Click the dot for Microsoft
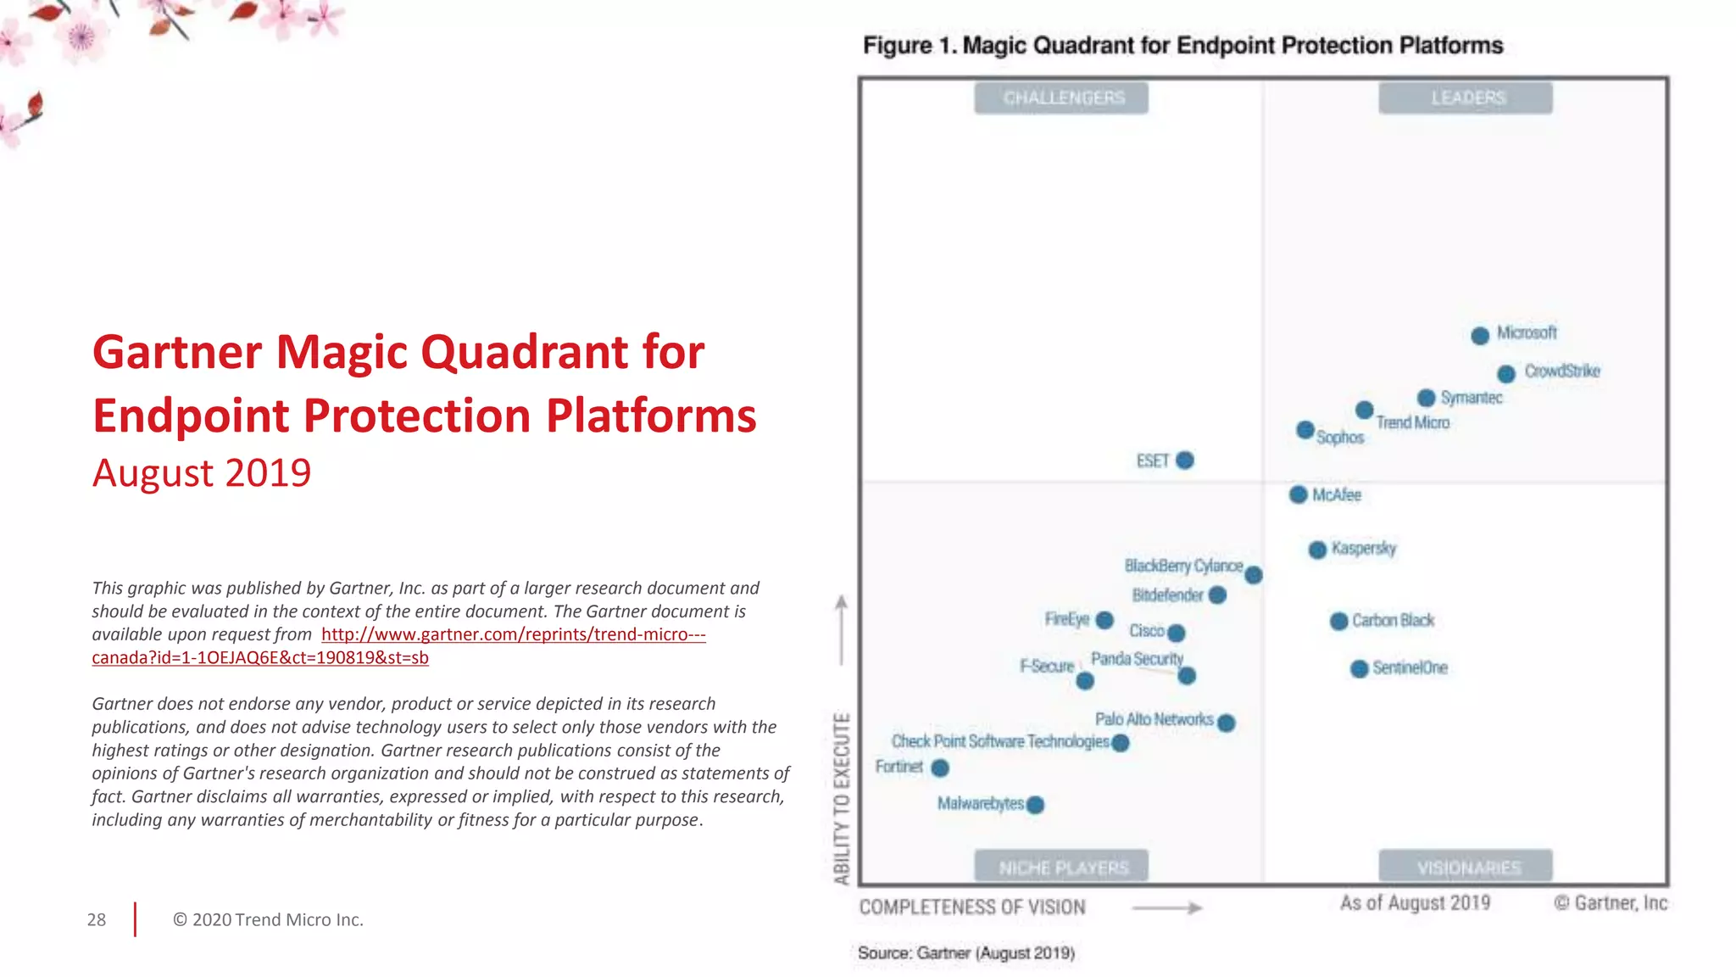[x=1480, y=336]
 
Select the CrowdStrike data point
[x=1506, y=374]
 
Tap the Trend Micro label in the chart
[x=1412, y=422]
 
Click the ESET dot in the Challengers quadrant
[x=1185, y=461]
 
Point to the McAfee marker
[x=1299, y=494]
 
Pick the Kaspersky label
[x=1363, y=548]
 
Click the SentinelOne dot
[x=1360, y=669]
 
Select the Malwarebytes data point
[x=1035, y=805]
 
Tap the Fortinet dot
[x=940, y=768]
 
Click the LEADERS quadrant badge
[x=1466, y=98]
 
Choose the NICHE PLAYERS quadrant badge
[x=1061, y=867]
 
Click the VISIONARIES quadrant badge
[x=1466, y=867]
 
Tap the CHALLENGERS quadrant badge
[x=1061, y=98]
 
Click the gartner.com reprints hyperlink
[x=513, y=634]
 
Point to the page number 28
[x=97, y=920]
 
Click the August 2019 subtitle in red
[x=202, y=473]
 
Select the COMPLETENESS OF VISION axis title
[x=972, y=907]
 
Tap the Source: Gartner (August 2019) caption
[x=966, y=953]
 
